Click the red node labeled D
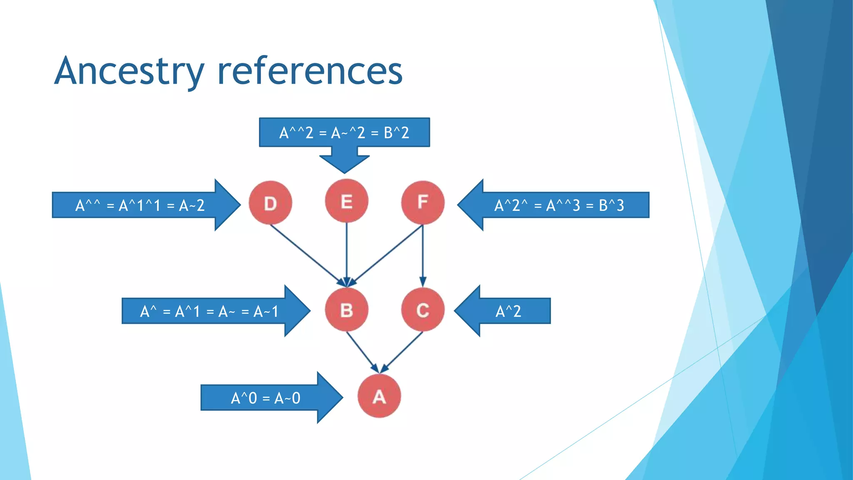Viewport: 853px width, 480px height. [270, 203]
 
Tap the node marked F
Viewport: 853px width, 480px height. [423, 202]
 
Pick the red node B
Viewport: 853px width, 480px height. [347, 310]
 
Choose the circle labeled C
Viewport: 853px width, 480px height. [423, 310]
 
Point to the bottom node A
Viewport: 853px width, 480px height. [379, 396]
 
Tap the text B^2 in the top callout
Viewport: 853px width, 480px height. [396, 133]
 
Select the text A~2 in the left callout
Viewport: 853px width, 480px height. [192, 205]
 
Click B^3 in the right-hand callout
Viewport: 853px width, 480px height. [611, 205]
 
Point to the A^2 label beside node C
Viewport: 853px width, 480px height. [508, 311]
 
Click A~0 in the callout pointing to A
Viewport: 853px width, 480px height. [287, 398]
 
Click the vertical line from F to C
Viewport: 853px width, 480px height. [423, 254]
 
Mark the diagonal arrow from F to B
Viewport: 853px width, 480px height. [387, 254]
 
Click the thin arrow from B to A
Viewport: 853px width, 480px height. [362, 351]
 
